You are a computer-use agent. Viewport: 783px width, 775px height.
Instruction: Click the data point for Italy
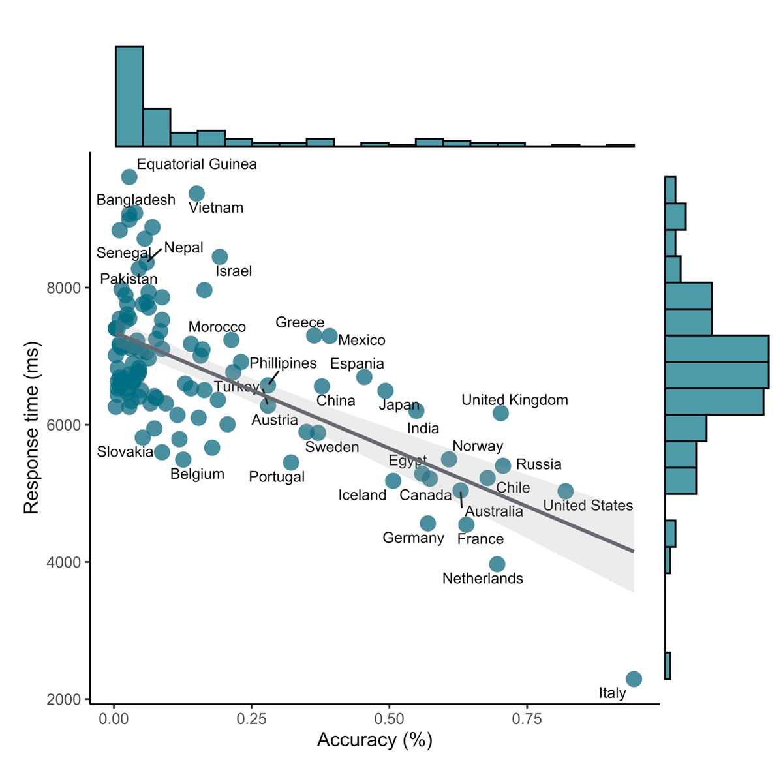pos(634,679)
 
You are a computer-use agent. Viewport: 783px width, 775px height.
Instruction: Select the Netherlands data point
pos(497,564)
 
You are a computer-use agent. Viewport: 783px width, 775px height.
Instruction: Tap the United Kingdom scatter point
pos(500,413)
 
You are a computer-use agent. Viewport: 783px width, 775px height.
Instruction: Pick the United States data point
pos(566,491)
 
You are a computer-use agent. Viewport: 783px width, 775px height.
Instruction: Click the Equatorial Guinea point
pos(129,177)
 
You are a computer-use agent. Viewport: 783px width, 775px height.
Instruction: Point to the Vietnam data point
pos(196,193)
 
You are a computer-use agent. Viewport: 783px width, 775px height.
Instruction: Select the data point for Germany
pos(428,523)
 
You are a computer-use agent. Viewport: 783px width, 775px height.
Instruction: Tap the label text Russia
pos(538,464)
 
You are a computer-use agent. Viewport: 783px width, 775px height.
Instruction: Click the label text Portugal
pos(277,477)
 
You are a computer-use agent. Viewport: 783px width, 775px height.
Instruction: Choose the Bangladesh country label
pos(136,200)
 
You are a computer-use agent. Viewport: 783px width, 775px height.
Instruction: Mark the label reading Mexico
pos(361,340)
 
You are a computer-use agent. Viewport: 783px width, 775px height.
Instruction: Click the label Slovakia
pos(125,451)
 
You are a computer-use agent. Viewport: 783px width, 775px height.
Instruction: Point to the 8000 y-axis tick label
pos(63,288)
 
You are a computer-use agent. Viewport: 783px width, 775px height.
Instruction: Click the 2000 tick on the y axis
pos(63,699)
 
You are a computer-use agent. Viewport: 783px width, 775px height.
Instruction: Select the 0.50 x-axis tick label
pos(389,720)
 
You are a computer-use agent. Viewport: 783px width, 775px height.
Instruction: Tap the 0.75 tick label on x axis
pos(527,720)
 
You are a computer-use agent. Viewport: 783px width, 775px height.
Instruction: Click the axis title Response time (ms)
pos(31,427)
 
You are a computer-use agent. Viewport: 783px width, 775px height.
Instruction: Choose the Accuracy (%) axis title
pos(375,740)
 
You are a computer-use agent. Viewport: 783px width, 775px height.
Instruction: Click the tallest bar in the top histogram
pos(129,97)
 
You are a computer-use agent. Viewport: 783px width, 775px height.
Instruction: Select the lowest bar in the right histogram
pos(668,665)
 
